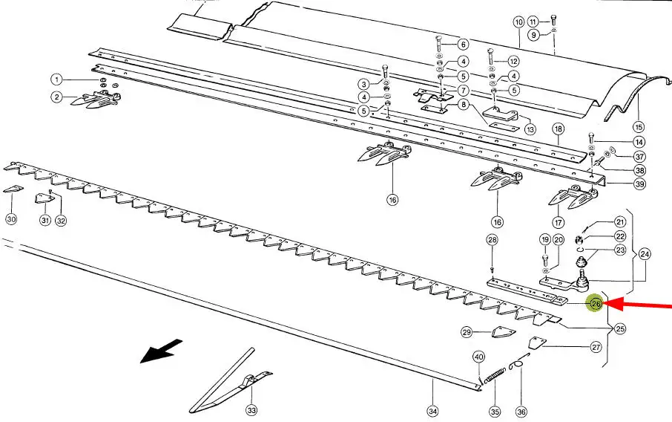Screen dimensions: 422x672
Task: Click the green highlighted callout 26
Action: point(596,303)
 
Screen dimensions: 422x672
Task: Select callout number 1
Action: point(56,79)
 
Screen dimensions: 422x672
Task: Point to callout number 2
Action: point(56,97)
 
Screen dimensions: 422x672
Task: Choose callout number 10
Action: point(518,22)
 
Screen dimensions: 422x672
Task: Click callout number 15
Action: point(639,126)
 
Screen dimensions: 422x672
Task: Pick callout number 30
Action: point(11,219)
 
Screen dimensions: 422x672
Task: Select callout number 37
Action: point(639,157)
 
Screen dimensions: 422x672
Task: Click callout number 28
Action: point(492,239)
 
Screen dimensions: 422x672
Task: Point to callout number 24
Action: point(645,254)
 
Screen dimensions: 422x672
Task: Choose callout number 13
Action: point(530,129)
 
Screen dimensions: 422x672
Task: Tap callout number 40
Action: point(478,357)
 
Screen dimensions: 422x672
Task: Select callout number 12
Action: point(513,61)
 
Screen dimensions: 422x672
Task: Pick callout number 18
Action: point(558,129)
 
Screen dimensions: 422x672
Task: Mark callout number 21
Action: point(620,221)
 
